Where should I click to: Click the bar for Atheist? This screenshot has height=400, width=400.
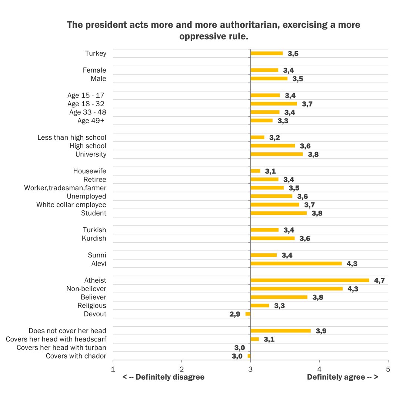tap(310, 280)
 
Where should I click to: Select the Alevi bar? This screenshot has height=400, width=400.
tap(296, 263)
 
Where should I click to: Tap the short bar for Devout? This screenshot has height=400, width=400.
tap(248, 314)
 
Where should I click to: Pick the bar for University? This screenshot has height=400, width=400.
tap(276, 154)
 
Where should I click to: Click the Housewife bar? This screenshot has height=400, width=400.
tap(255, 171)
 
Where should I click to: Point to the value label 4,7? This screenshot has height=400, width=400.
tap(379, 280)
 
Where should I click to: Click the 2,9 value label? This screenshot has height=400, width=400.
tap(235, 314)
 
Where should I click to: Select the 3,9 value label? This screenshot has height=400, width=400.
tap(321, 331)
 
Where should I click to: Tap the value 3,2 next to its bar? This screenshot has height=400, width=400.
tap(274, 137)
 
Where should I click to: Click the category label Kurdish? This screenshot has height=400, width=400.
tap(94, 238)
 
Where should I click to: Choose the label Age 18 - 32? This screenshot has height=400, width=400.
tap(86, 104)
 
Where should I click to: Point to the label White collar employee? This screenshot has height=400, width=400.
tap(71, 204)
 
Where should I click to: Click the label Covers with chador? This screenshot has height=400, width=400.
tap(76, 356)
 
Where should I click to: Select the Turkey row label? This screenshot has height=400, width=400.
tap(96, 53)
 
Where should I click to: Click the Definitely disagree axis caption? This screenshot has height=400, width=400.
tap(163, 377)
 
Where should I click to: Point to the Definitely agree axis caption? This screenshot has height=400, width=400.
tap(342, 377)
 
